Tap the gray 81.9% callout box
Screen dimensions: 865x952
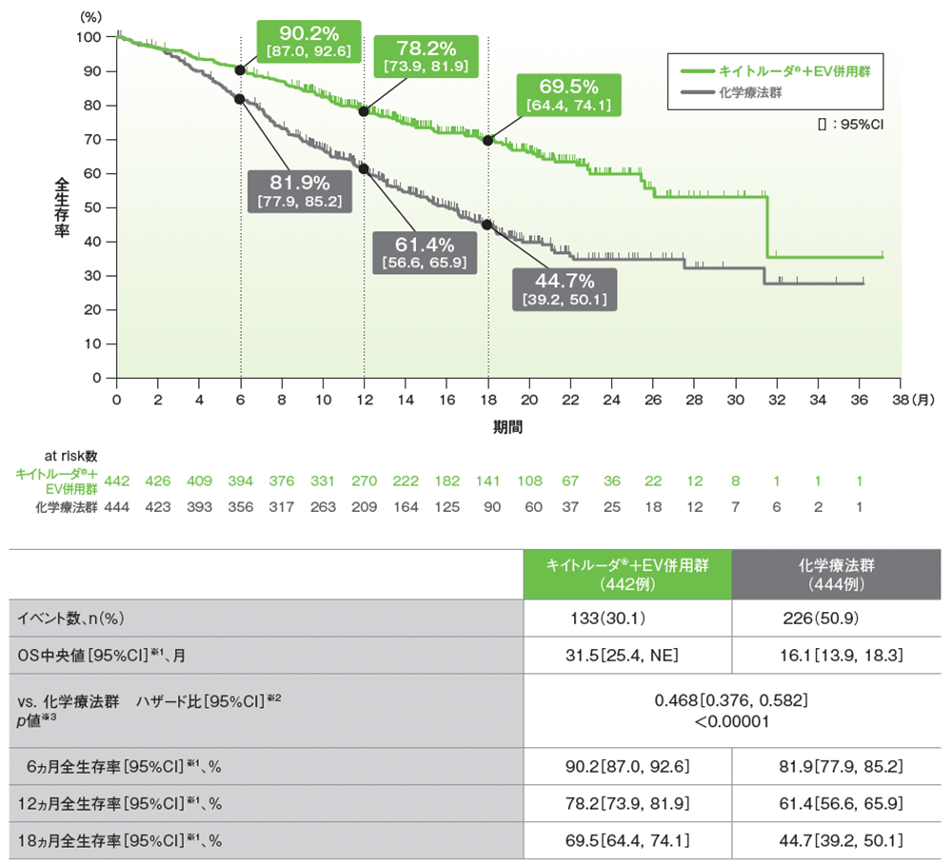point(299,189)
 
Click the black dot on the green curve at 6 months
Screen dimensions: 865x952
point(240,70)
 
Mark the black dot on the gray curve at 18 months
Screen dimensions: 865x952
point(488,225)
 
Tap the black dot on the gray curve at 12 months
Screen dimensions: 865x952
point(364,168)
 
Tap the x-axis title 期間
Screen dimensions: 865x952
point(507,428)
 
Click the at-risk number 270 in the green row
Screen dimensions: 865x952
point(364,480)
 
